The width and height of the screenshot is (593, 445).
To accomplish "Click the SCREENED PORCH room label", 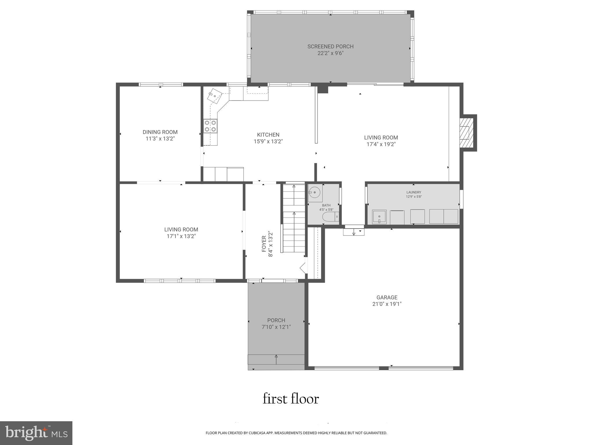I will (330, 46).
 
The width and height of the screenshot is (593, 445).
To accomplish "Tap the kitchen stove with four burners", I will (210, 126).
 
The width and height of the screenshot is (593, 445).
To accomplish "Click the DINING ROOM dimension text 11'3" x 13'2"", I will (160, 139).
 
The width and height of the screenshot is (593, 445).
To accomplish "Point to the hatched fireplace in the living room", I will (466, 133).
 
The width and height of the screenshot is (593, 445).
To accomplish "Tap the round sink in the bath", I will (314, 192).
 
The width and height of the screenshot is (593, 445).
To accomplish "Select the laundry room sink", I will (379, 217).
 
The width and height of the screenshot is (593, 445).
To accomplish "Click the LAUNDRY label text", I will (413, 192).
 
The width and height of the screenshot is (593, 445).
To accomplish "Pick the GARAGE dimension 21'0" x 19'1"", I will (387, 304).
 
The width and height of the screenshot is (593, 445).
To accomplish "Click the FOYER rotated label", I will (264, 244).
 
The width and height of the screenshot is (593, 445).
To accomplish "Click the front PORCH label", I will (276, 320).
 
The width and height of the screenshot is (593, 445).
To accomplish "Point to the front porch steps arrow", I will (276, 359).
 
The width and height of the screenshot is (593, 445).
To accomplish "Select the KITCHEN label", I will (268, 135).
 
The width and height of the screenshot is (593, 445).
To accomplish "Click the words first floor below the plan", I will (291, 399).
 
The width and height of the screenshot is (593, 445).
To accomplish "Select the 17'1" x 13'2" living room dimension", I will (181, 236).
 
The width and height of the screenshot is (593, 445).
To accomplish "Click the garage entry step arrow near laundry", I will (354, 232).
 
